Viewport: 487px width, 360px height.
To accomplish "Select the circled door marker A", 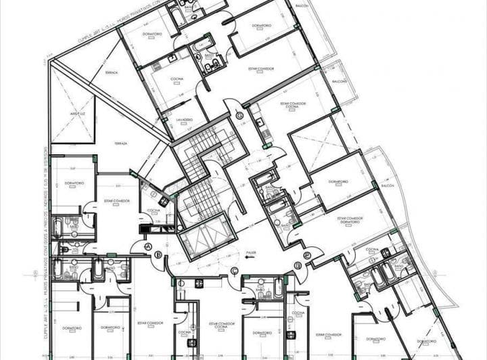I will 147,248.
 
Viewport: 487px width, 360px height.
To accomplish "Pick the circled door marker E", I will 307,255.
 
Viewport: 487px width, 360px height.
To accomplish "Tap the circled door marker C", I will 234,271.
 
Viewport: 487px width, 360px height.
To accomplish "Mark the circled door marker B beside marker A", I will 158,254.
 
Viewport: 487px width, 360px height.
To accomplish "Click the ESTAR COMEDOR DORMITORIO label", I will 349,220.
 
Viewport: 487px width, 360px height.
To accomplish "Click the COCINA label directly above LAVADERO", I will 177,80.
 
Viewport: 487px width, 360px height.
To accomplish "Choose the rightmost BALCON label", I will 388,184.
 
